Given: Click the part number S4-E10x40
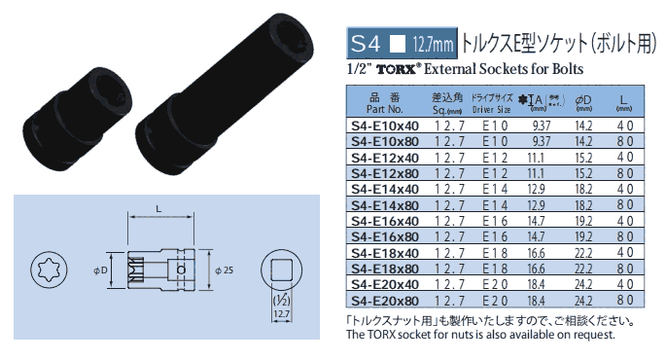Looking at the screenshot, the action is [385, 126].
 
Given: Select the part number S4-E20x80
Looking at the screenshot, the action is [385, 301].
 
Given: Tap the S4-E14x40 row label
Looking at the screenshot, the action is [385, 189].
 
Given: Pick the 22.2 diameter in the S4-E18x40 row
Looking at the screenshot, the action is [583, 253].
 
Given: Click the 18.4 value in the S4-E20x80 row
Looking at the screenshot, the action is [536, 301].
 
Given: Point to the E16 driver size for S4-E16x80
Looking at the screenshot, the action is [495, 236].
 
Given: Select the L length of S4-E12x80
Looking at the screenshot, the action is [625, 173].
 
